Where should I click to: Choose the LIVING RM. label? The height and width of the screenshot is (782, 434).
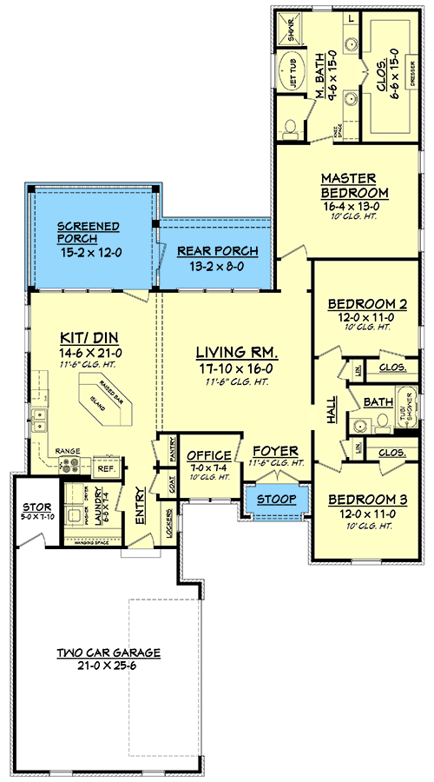(236, 353)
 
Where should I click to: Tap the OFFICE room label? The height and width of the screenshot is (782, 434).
(209, 455)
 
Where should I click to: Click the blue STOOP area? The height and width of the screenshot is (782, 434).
(276, 500)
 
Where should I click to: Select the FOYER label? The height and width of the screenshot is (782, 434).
(276, 452)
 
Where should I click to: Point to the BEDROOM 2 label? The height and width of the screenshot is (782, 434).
(367, 305)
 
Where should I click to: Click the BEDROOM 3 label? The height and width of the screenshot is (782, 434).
(367, 500)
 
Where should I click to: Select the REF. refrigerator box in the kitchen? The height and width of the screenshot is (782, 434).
(105, 467)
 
